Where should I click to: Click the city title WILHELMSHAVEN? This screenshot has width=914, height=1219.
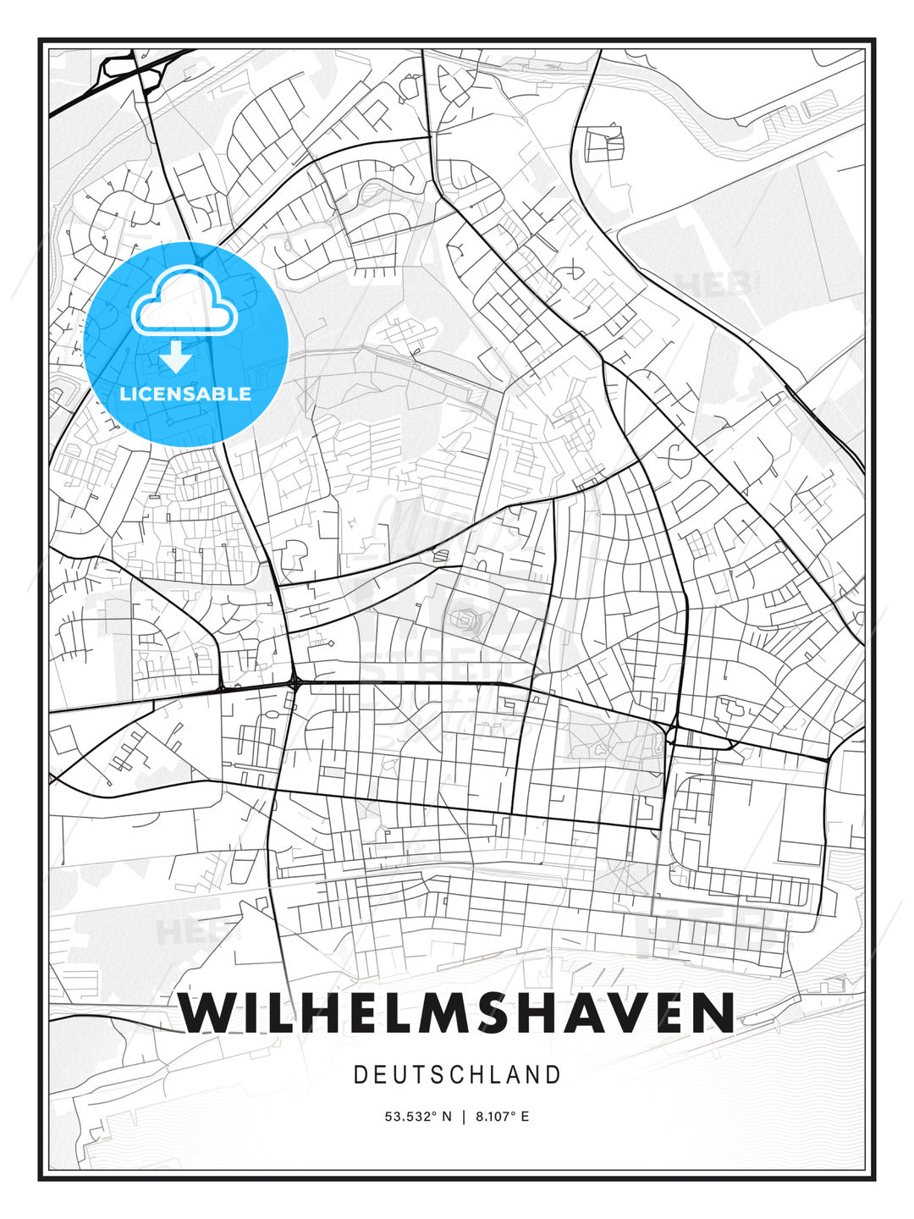(x=457, y=1012)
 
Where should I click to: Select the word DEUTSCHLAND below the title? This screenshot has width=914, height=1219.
(x=457, y=1075)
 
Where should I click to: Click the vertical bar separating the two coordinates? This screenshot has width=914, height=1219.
(x=464, y=1117)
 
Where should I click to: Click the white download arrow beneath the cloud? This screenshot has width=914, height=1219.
(x=176, y=357)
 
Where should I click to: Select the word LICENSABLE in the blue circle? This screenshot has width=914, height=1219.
(x=185, y=394)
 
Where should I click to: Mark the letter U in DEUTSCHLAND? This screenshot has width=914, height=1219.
(x=400, y=1075)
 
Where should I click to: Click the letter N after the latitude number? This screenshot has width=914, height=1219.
(x=447, y=1117)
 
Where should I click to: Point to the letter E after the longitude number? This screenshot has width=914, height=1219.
(x=525, y=1117)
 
